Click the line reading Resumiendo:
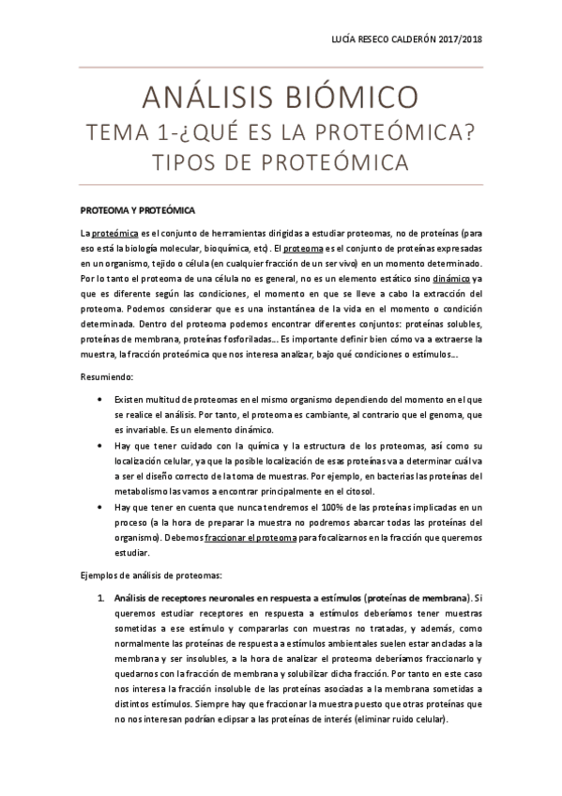click(x=107, y=376)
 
